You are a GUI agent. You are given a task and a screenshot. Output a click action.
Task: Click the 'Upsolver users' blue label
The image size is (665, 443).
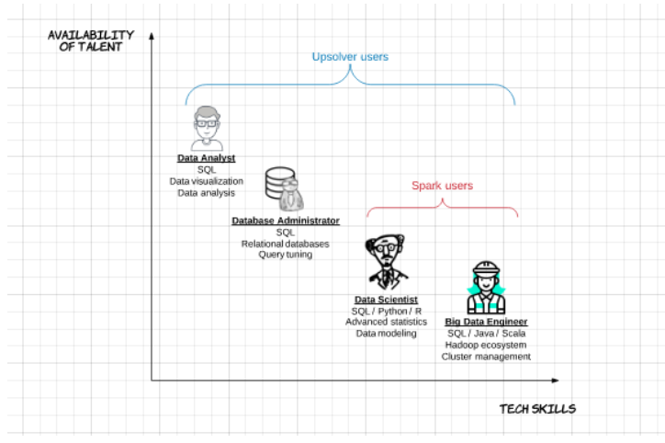pyautogui.click(x=350, y=57)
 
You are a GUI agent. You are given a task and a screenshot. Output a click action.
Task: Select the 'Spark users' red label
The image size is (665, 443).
pyautogui.click(x=443, y=186)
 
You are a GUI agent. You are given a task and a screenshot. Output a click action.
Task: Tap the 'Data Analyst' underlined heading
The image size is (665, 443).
pyautogui.click(x=206, y=158)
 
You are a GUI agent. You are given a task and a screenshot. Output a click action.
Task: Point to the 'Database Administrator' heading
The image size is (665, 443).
pyautogui.click(x=286, y=221)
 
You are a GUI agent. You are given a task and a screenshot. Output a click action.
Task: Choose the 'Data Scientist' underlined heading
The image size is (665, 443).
pyautogui.click(x=386, y=300)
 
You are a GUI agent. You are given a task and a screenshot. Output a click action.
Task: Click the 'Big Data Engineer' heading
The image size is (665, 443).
pyautogui.click(x=486, y=322)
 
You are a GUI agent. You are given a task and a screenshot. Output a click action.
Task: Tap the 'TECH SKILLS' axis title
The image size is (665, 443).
pyautogui.click(x=537, y=409)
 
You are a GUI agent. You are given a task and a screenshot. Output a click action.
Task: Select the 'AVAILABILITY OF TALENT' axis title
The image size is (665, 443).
pyautogui.click(x=91, y=40)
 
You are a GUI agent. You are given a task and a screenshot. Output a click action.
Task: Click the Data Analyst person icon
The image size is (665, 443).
pyautogui.click(x=207, y=129)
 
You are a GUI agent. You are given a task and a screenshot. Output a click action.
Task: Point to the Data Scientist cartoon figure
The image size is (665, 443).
pyautogui.click(x=386, y=263)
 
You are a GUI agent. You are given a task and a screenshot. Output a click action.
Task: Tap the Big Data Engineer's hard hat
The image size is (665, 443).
pyautogui.click(x=486, y=268)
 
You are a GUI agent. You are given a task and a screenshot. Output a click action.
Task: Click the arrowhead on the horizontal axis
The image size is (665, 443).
pyautogui.click(x=555, y=381)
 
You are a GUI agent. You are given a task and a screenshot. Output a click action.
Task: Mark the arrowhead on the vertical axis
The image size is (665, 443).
pyautogui.click(x=152, y=36)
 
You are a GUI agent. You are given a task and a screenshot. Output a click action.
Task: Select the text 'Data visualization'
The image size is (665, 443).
pyautogui.click(x=207, y=181)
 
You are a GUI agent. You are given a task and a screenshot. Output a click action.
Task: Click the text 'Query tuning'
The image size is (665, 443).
pyautogui.click(x=286, y=255)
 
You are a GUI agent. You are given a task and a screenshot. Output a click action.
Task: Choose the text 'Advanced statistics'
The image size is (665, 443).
pyautogui.click(x=386, y=322)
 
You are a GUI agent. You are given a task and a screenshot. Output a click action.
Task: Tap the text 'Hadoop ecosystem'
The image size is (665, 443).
pyautogui.click(x=486, y=345)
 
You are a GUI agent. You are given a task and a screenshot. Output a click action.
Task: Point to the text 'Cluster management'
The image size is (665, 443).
pyautogui.click(x=486, y=357)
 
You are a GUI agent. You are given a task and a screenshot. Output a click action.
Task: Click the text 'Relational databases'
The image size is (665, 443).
pyautogui.click(x=286, y=244)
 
